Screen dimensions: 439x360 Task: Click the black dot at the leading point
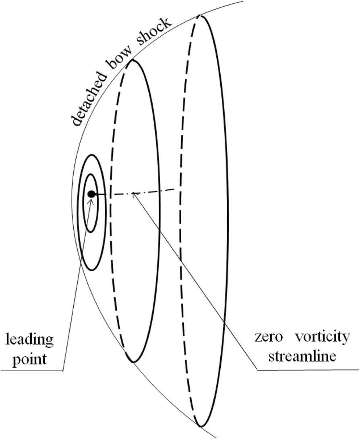91,194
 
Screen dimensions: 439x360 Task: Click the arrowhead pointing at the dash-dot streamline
135,195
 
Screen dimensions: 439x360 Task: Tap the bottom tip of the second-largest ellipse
132,362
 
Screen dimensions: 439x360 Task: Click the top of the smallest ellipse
91,174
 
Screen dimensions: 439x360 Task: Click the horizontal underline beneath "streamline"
308,370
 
